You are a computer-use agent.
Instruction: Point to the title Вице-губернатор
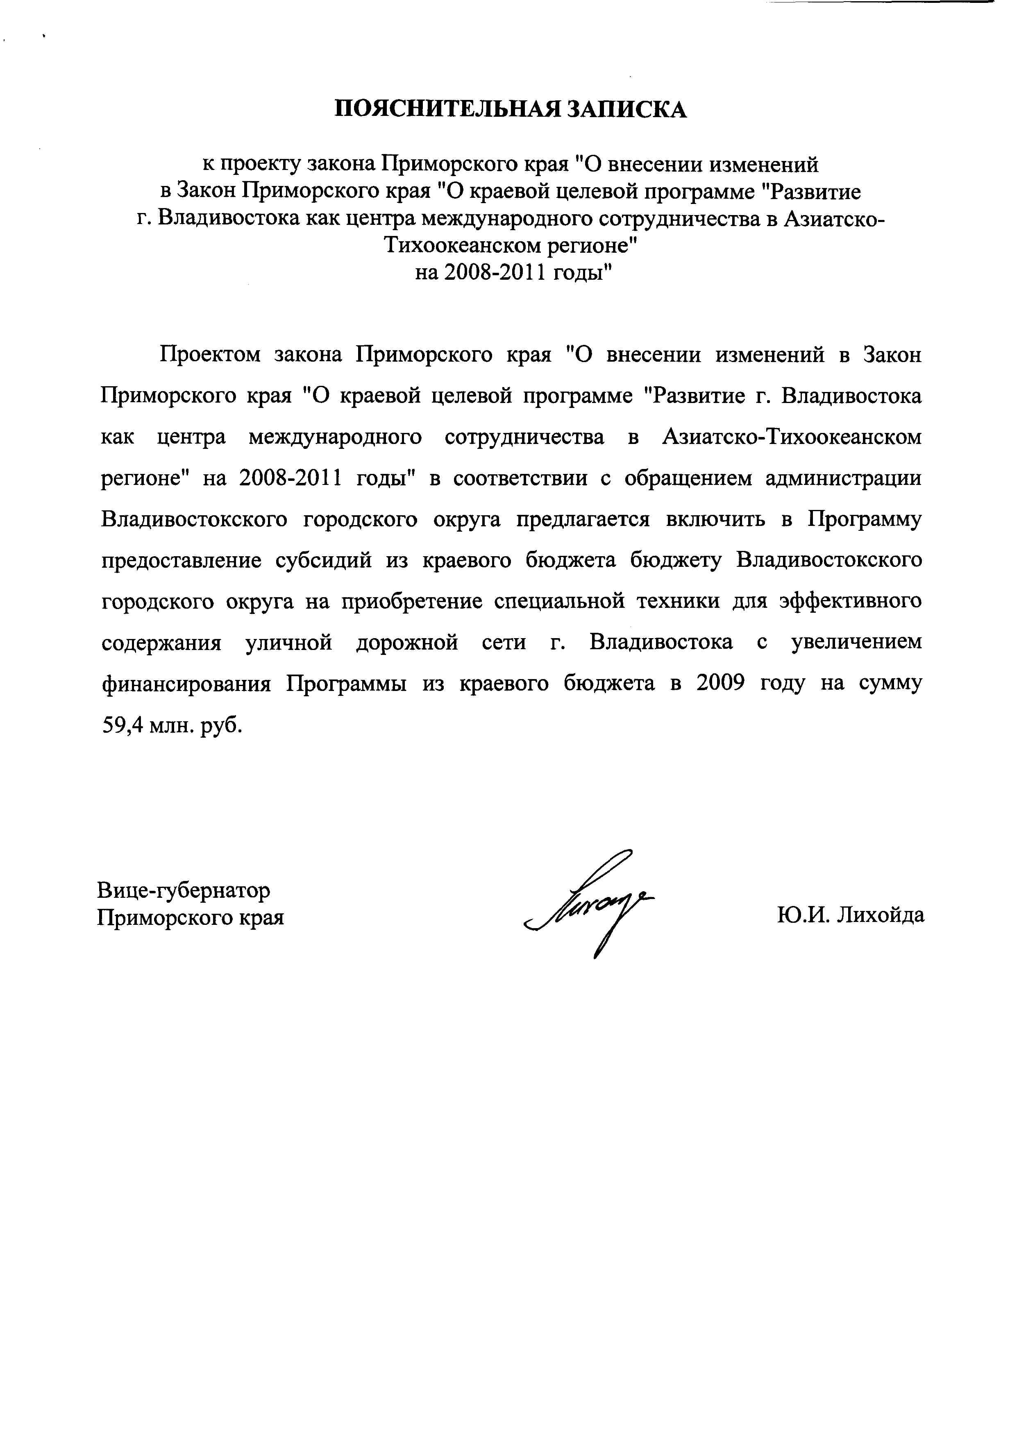point(184,890)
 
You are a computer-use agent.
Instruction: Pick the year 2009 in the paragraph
point(721,684)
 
